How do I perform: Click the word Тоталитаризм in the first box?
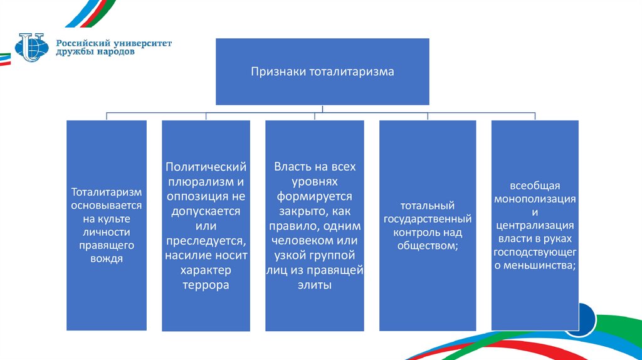(106, 192)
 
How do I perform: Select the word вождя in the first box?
(106, 258)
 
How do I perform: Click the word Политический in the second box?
(206, 167)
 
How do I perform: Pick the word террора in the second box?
(206, 285)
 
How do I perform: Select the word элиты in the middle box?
(314, 285)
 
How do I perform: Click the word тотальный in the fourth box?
(428, 206)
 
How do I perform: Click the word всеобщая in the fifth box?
(534, 186)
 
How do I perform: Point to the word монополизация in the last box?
(534, 199)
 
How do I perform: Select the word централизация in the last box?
(534, 226)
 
